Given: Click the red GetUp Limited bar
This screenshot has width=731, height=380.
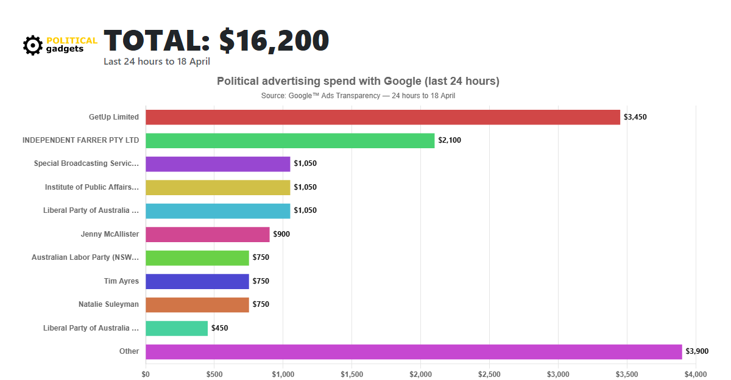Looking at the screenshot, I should (x=383, y=117).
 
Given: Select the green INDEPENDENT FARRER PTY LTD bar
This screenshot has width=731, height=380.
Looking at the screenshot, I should (x=290, y=140).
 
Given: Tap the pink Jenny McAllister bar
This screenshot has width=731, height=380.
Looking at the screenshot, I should (x=207, y=234).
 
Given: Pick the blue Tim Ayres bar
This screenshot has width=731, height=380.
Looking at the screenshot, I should (x=197, y=281).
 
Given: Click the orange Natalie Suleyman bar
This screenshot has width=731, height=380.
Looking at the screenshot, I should (x=197, y=304).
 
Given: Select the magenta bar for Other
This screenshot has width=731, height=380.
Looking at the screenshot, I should (x=414, y=351).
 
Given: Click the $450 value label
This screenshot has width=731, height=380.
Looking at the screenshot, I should (x=219, y=328).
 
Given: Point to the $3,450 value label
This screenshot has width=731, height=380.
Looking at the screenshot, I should (x=635, y=117).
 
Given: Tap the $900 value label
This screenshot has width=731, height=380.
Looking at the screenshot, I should (x=281, y=234).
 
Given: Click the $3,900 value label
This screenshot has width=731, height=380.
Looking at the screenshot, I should (x=697, y=351).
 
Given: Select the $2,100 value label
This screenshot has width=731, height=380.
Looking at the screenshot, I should (x=450, y=140).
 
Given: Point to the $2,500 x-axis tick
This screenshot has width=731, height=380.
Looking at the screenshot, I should (x=489, y=374).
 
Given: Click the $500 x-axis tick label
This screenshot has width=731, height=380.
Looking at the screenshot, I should (x=214, y=374).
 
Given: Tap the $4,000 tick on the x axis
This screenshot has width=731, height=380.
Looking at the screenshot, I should (x=695, y=374).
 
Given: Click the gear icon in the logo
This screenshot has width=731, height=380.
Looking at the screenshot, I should (x=33, y=45).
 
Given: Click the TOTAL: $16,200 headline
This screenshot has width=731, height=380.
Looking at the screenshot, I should (x=216, y=41).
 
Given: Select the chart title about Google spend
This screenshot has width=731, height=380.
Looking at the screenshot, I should (x=358, y=81).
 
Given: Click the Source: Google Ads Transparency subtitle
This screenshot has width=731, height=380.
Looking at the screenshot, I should (x=358, y=96).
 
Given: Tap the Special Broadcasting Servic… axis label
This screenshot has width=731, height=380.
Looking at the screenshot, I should (x=87, y=163).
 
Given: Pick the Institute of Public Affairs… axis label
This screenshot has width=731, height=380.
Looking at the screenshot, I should (x=92, y=187).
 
